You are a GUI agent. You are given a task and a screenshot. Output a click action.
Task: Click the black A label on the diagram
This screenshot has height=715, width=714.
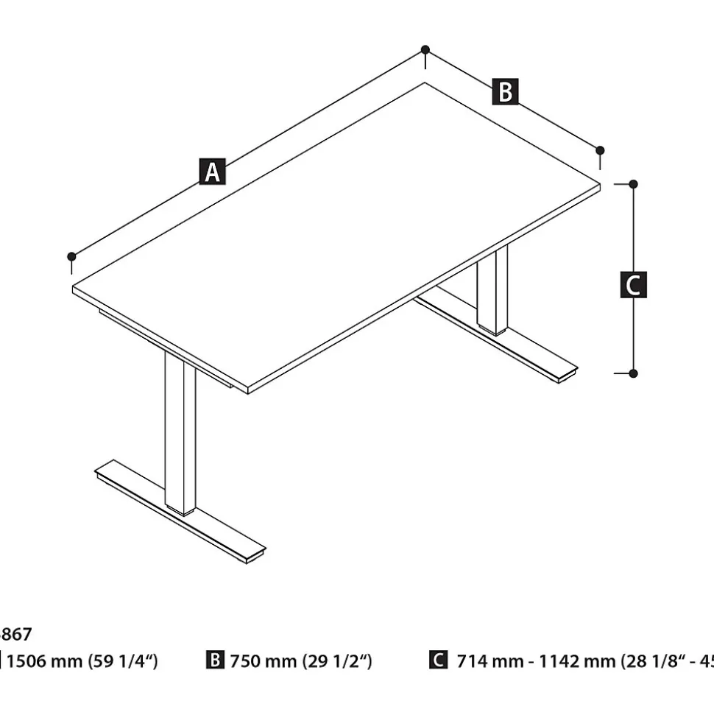pos(212,172)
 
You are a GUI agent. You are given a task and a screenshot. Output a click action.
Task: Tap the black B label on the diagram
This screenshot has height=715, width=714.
pos(506,92)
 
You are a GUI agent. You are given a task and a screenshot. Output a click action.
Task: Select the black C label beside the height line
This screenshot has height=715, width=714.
pos(634,285)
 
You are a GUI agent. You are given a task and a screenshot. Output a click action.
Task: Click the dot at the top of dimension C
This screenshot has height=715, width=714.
pos(633,184)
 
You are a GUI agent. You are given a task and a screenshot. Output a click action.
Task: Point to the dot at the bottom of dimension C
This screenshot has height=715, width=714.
pos(633,373)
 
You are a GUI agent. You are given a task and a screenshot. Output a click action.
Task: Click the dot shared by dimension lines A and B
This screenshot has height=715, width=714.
pos(425,49)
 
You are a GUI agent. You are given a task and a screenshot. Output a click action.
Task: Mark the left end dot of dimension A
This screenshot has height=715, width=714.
pos(71,256)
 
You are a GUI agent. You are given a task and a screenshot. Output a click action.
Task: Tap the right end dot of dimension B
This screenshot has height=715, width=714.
pos(600,150)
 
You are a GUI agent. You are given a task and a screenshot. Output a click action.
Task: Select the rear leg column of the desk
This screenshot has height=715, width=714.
pos(492,291)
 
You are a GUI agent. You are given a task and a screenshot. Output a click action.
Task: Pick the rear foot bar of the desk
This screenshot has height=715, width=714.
pos(501,338)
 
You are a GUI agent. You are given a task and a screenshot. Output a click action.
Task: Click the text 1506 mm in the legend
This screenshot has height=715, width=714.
pos(45,661)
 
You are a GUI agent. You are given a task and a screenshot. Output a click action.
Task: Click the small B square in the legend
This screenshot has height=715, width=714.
pos(215,661)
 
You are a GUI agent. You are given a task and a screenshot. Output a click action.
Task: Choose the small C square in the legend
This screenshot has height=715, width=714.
pos(437,661)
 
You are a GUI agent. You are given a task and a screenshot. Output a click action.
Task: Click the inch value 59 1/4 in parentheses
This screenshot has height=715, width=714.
pos(123,661)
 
